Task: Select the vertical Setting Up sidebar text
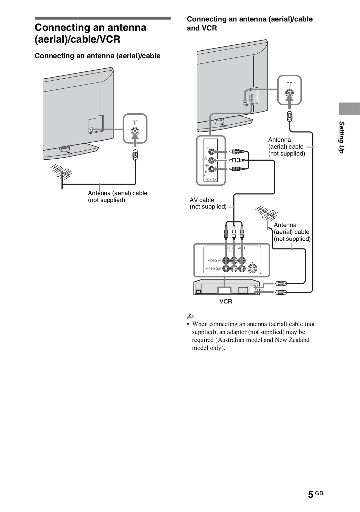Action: tap(342, 137)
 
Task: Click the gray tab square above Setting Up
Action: tap(349, 108)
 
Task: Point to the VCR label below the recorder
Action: tap(226, 301)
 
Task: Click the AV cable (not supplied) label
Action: tap(208, 203)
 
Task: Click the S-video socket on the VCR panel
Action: tap(253, 268)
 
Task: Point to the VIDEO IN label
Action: tap(214, 261)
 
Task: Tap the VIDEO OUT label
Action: tap(213, 268)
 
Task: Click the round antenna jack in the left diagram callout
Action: tap(135, 131)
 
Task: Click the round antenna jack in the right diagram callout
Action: tap(289, 92)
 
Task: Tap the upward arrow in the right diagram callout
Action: tap(289, 101)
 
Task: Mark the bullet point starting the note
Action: tap(188, 324)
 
